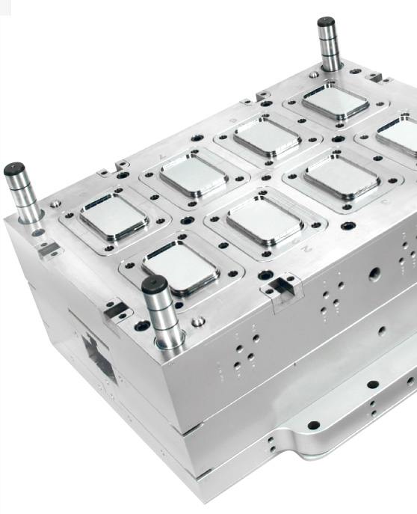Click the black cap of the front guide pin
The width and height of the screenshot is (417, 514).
(x=154, y=285)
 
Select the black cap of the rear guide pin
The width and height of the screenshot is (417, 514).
(x=327, y=23)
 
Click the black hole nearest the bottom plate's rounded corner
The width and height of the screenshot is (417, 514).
(x=313, y=426)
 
